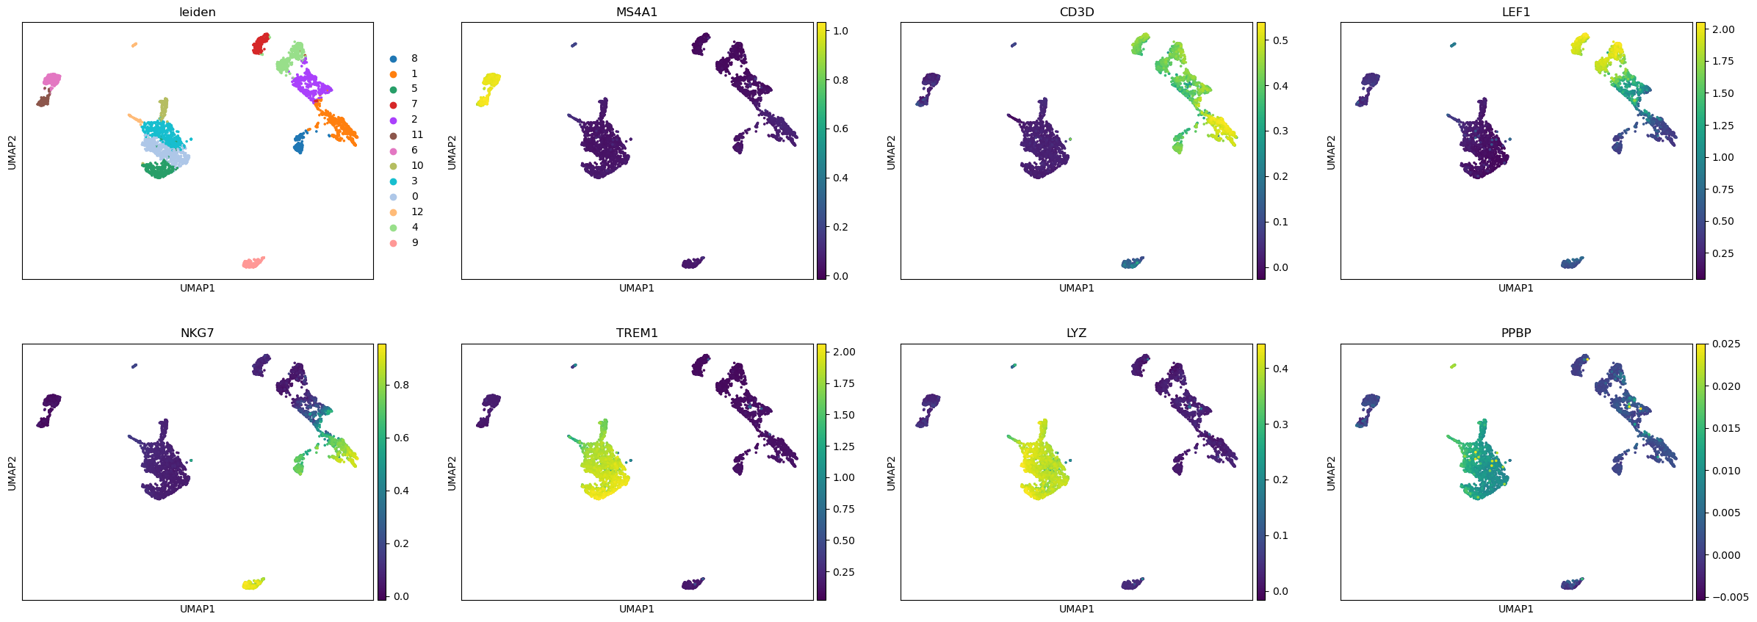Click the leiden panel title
pyautogui.click(x=198, y=12)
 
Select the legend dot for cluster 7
pyautogui.click(x=394, y=104)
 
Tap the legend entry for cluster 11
pyautogui.click(x=394, y=135)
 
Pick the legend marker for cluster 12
pyautogui.click(x=394, y=212)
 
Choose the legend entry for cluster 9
pyautogui.click(x=394, y=243)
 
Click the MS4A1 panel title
pyautogui.click(x=637, y=12)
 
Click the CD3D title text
pyautogui.click(x=1076, y=12)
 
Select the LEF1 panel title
pyautogui.click(x=1516, y=12)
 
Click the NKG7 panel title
pyautogui.click(x=198, y=333)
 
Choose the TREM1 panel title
pyautogui.click(x=637, y=333)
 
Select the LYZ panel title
pyautogui.click(x=1076, y=333)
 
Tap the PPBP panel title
pyautogui.click(x=1516, y=333)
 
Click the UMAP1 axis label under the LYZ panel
pyautogui.click(x=1076, y=609)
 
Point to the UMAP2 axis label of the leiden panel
pyautogui.click(x=12, y=151)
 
